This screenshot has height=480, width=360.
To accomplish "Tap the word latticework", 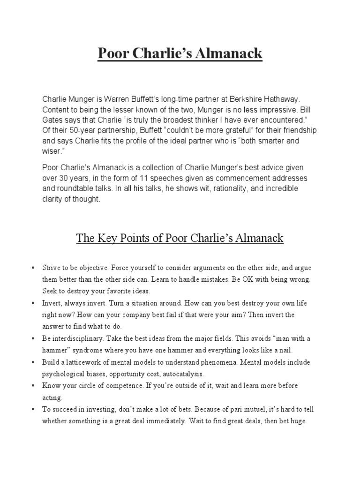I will point(85,363).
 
